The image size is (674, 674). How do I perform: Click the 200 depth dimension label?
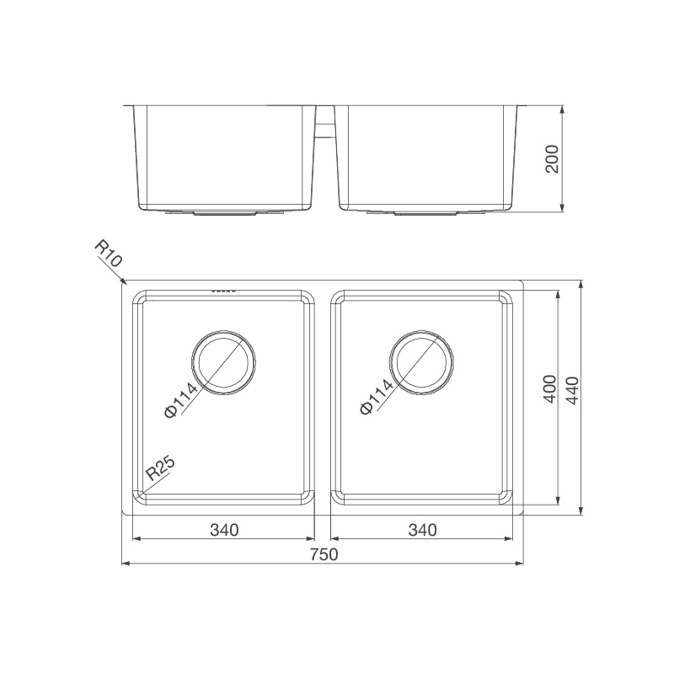click(553, 158)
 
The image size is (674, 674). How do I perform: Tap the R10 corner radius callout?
click(109, 254)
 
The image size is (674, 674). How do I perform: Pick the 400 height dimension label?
click(549, 389)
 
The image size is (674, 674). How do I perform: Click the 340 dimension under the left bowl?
click(225, 530)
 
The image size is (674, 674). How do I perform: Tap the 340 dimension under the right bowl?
click(422, 530)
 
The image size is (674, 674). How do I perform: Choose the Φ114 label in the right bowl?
click(377, 397)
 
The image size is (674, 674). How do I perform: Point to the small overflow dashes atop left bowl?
click(223, 292)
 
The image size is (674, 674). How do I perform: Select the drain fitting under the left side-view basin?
click(223, 214)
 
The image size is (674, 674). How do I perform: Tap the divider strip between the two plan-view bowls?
click(324, 396)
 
